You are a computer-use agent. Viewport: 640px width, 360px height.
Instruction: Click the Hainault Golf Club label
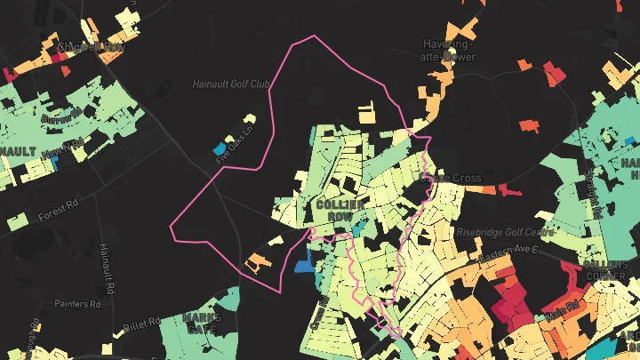(231, 84)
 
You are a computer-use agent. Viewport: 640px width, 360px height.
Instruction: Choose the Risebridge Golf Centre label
(504, 231)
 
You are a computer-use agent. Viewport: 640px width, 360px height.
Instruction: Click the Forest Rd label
(59, 214)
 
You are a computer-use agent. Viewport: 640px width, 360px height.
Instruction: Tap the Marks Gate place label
(201, 322)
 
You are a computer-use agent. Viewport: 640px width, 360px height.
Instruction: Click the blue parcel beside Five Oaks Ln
(220, 147)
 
